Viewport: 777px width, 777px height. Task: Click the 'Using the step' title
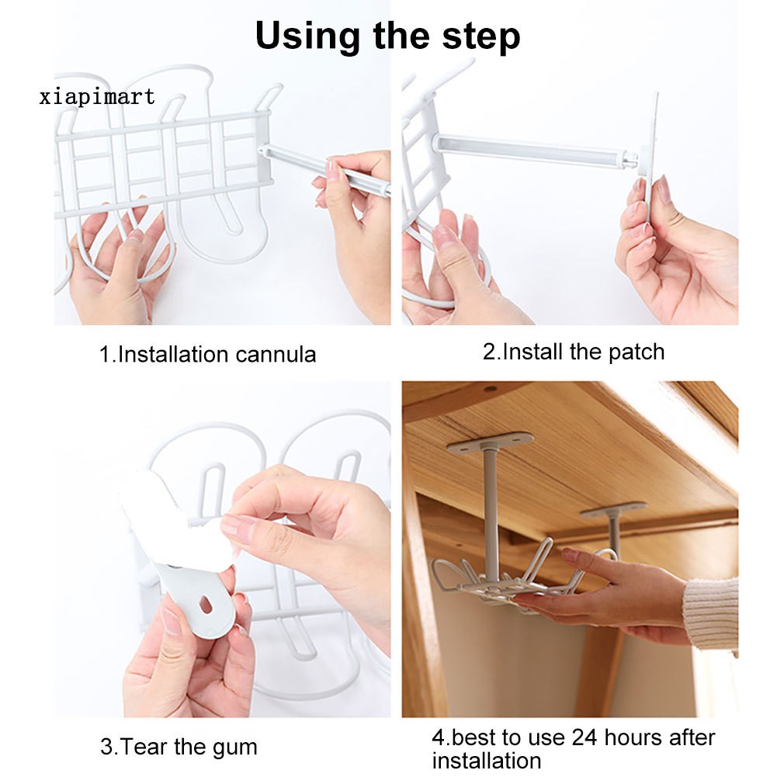(387, 36)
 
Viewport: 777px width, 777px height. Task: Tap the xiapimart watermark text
(97, 96)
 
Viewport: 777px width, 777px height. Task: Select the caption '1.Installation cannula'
(207, 354)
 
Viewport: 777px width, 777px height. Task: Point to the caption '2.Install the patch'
(574, 352)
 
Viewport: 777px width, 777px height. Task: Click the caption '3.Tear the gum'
(179, 746)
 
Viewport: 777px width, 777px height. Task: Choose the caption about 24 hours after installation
(574, 748)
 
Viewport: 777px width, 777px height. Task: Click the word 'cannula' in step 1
(276, 355)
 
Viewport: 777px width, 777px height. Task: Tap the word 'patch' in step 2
(637, 352)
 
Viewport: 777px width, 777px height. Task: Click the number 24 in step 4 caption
(585, 737)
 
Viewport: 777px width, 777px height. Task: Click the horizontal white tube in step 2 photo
(534, 150)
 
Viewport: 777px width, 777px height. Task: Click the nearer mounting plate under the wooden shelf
(490, 442)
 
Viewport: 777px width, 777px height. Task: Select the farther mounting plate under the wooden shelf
(613, 510)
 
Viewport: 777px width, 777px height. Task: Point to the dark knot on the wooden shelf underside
(490, 389)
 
